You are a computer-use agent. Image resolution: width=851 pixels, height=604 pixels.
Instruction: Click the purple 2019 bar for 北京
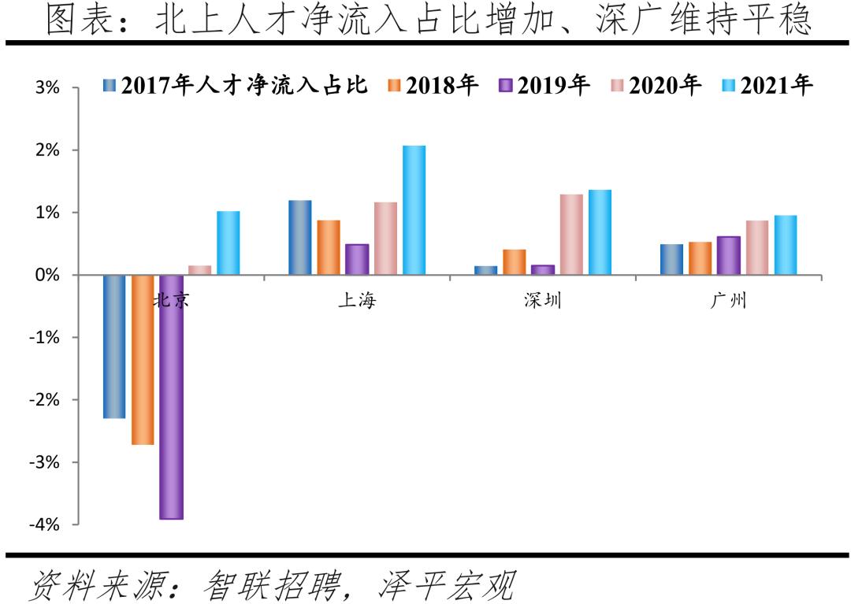(171, 397)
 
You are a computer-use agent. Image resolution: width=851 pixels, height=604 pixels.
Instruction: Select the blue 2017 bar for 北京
(114, 346)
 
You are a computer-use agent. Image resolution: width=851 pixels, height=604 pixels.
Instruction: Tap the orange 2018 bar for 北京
(143, 360)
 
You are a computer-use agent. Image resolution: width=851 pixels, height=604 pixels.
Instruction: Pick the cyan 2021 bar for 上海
(414, 210)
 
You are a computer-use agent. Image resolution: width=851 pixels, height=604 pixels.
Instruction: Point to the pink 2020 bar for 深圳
(571, 235)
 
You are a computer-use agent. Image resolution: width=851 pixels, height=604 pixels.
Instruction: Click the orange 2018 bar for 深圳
(515, 262)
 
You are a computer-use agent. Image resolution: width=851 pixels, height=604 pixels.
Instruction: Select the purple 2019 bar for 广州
(729, 256)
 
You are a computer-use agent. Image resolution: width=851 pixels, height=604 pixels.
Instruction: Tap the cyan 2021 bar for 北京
(229, 243)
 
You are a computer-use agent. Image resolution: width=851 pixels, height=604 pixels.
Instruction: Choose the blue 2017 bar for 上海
(300, 238)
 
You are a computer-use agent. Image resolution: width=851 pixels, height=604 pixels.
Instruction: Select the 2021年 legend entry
(767, 85)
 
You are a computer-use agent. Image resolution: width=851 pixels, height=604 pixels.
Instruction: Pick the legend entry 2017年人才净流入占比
(236, 85)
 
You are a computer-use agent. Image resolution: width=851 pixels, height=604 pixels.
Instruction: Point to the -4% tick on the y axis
(44, 524)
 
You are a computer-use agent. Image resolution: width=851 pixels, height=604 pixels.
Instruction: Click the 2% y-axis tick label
(47, 150)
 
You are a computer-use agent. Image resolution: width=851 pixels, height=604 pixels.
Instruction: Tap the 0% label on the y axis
(47, 276)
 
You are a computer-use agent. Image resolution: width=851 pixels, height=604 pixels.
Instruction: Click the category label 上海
(357, 301)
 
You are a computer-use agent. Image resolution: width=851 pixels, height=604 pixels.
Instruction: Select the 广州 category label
(728, 301)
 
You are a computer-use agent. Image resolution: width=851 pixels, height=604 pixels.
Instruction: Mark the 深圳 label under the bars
(543, 301)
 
